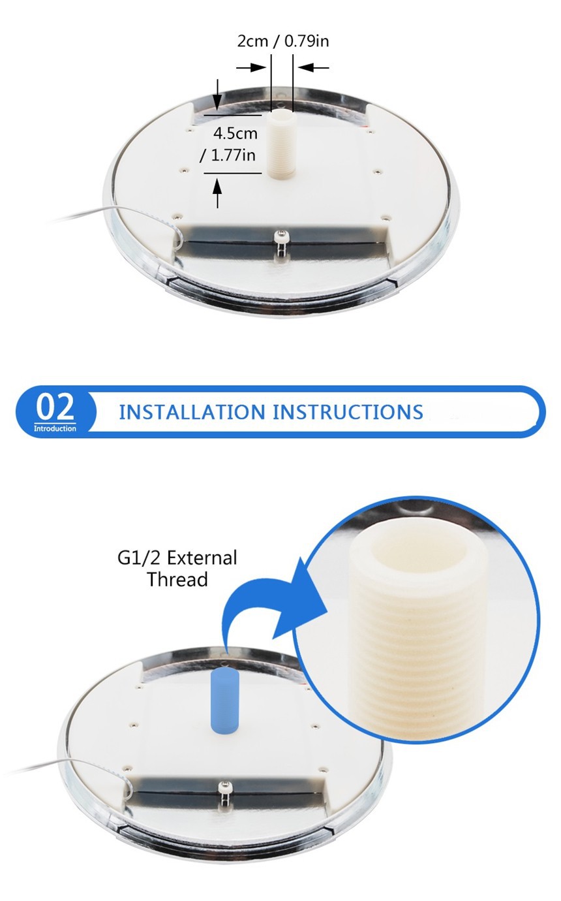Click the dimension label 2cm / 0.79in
coord(282,41)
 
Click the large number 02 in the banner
coord(55,407)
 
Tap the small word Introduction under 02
coord(55,428)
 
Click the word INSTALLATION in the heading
coord(192,413)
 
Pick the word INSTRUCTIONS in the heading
coord(348,413)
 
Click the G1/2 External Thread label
coord(177,568)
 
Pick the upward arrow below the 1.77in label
coord(217,193)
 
